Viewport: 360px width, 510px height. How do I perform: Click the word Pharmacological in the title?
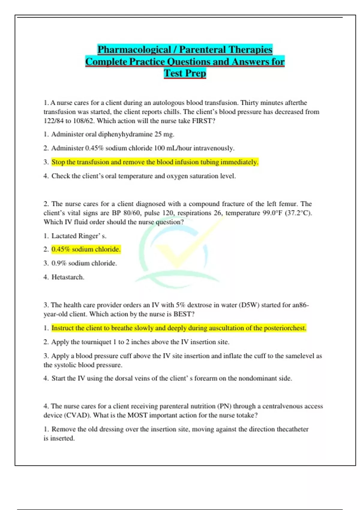[x=134, y=49]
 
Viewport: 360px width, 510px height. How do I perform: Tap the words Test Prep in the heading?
[x=185, y=73]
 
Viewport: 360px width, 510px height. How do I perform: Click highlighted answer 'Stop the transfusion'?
[x=154, y=162]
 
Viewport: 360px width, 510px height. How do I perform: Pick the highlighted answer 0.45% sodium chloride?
[x=86, y=249]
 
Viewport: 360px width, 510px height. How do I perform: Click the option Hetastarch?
[x=68, y=277]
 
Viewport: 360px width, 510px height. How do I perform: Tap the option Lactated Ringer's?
[x=79, y=236]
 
